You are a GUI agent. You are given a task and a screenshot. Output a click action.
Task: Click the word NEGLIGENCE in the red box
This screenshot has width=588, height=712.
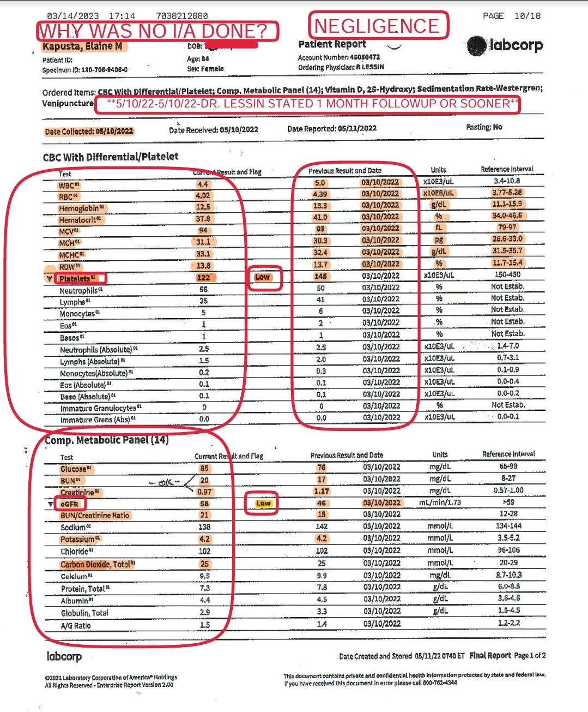click(377, 26)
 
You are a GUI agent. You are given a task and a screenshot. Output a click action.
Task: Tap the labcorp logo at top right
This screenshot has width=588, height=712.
click(505, 45)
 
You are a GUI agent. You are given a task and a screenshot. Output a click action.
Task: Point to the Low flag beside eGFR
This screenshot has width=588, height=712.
click(263, 503)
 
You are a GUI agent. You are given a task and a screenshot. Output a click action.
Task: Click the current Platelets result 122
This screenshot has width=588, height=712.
click(204, 278)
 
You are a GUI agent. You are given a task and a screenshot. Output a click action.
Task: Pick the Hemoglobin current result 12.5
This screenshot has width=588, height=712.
click(203, 207)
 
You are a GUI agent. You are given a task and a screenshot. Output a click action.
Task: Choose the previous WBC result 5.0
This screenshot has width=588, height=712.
click(320, 183)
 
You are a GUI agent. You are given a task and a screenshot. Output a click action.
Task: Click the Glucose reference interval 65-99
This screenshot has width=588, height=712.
click(508, 466)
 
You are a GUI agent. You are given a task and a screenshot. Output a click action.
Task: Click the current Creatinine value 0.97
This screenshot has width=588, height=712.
click(204, 492)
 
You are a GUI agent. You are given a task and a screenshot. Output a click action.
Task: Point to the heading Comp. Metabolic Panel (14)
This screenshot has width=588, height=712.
click(107, 440)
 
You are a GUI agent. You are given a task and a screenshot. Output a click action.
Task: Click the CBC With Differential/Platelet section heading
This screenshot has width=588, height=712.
click(111, 157)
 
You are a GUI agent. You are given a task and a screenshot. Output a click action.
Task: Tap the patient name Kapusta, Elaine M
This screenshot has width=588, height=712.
click(83, 46)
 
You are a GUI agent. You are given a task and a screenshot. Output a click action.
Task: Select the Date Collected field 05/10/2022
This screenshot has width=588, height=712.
click(89, 131)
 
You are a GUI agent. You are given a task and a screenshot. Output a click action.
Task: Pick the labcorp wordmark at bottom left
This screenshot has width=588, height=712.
click(64, 656)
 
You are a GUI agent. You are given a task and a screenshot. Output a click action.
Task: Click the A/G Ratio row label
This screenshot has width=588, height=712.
click(76, 626)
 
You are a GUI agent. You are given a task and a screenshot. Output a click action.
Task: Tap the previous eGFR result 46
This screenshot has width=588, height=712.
click(322, 503)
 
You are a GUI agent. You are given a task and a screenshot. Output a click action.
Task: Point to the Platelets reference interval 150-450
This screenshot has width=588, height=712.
click(508, 275)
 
